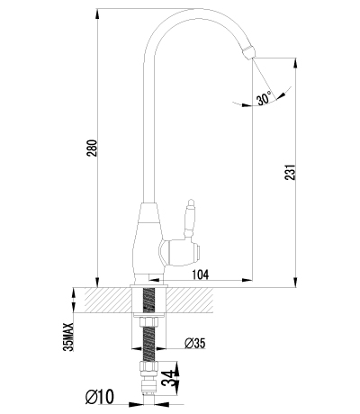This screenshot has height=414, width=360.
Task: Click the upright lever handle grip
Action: pyautogui.click(x=190, y=216)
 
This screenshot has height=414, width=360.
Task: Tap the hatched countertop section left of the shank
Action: pyautogui.click(x=103, y=299)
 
